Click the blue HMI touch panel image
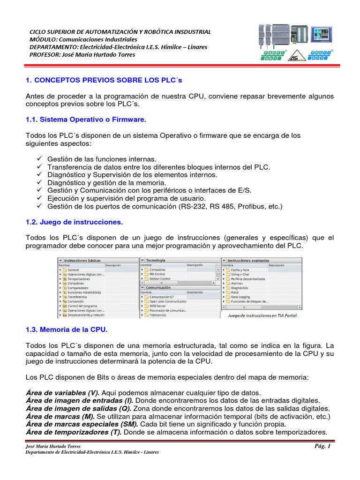coord(322,35)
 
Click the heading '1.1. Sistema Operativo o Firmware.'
coord(86,120)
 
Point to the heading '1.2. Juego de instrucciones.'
coord(74,221)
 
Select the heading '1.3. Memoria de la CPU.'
coord(67,330)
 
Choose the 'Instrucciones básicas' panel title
coord(82,260)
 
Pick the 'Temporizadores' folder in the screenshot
coord(79,279)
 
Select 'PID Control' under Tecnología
coord(157,274)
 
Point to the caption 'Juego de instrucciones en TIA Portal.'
coord(262,315)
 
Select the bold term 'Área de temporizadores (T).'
coord(74,432)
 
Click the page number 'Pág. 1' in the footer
coord(323,446)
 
